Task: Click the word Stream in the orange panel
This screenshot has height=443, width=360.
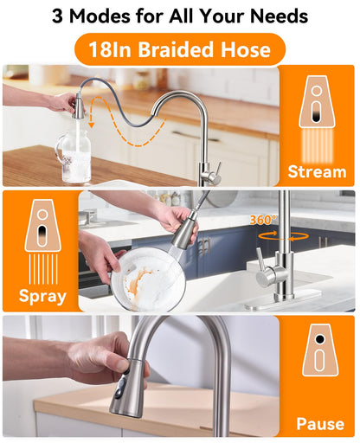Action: (x=317, y=172)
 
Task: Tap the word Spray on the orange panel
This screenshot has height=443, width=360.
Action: (x=42, y=296)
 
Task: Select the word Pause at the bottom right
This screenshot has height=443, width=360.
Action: (x=320, y=424)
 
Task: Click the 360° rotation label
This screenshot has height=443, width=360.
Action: (x=262, y=220)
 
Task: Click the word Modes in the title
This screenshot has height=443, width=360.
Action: (x=100, y=16)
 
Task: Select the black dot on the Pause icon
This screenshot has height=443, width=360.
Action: (x=319, y=339)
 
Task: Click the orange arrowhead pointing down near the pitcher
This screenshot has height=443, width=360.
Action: (x=92, y=125)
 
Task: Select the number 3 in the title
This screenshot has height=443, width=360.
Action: (x=57, y=16)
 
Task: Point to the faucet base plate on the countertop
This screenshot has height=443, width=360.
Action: (x=283, y=301)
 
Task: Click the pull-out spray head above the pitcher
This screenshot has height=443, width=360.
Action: (x=79, y=106)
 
